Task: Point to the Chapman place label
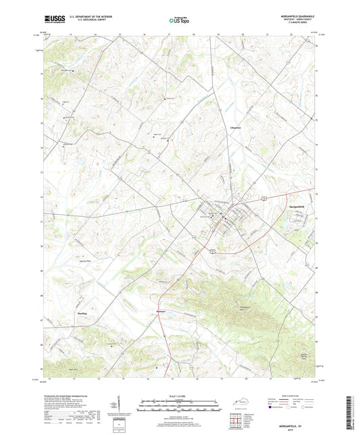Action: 232,126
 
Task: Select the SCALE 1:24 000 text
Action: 180,395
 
